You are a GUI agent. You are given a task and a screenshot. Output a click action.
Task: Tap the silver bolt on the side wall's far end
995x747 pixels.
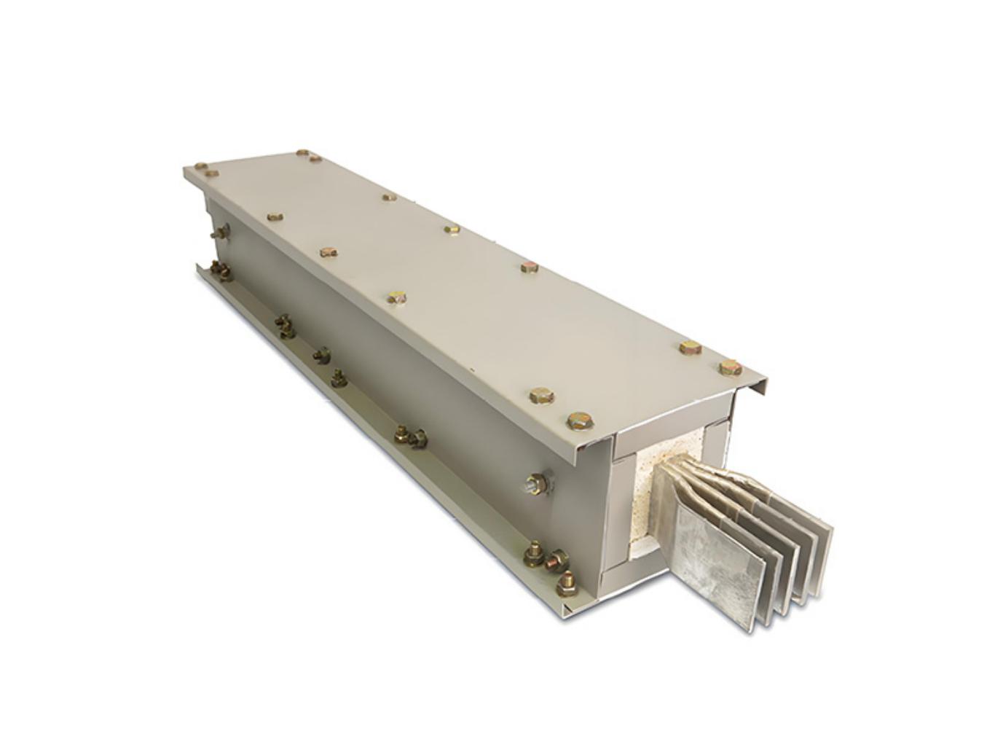[x=218, y=232]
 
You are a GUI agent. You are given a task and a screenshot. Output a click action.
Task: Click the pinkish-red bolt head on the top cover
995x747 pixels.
[x=530, y=267]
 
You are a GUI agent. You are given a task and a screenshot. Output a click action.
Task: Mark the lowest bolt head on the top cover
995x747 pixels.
[x=578, y=421]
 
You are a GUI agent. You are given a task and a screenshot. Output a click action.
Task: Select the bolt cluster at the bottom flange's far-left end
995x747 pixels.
[x=219, y=270]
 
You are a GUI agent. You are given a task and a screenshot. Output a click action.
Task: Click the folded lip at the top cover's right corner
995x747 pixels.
[x=754, y=389]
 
